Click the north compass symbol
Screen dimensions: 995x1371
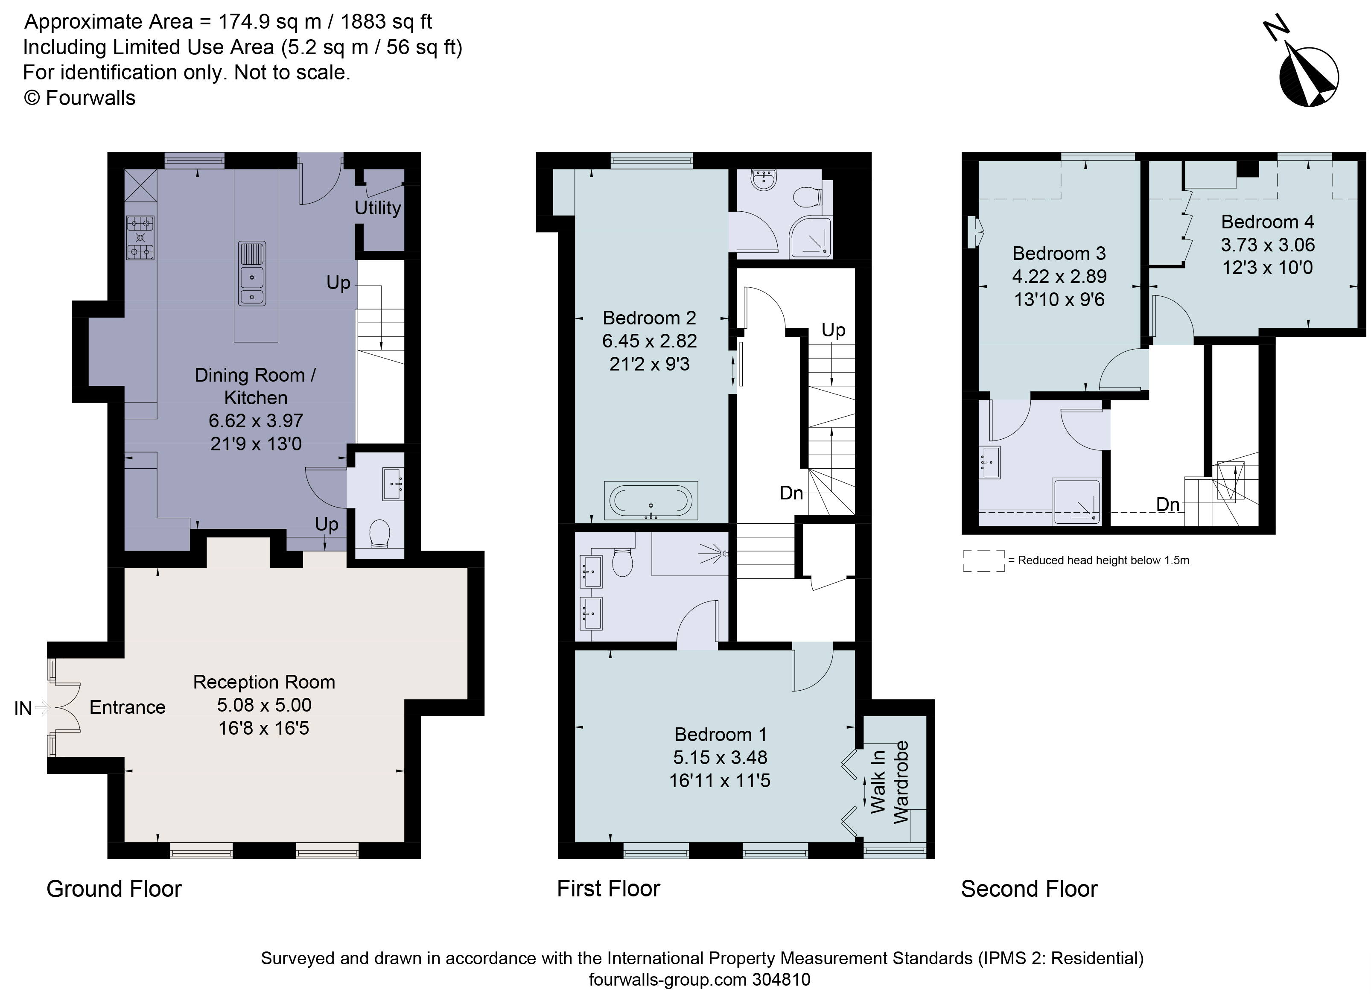tap(1307, 76)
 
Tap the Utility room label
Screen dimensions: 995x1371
tap(378, 207)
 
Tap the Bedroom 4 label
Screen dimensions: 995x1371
tap(1267, 222)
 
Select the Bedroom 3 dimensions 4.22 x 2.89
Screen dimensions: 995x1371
tap(1059, 276)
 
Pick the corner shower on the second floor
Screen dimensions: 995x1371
tap(1076, 501)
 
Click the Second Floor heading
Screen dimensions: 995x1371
tap(1029, 889)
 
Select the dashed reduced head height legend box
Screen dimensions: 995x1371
tap(983, 560)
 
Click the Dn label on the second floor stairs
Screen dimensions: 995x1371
tap(1167, 504)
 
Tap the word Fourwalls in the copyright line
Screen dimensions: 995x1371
tap(90, 98)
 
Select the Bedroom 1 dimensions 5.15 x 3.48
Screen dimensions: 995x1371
tap(720, 757)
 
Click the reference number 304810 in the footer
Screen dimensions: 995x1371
tap(780, 979)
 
